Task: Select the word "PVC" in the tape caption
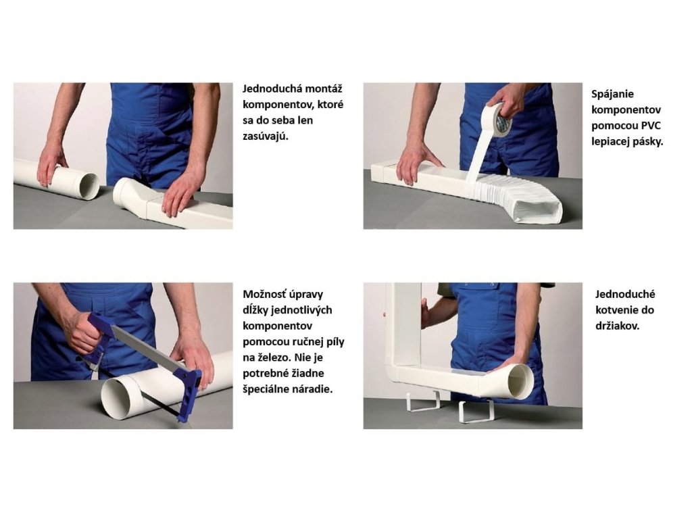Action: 651,126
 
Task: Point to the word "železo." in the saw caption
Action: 276,357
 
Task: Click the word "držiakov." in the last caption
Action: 618,326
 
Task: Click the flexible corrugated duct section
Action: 521,198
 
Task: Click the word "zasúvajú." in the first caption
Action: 265,136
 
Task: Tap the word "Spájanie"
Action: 612,95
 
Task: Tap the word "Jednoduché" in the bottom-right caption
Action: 625,295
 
